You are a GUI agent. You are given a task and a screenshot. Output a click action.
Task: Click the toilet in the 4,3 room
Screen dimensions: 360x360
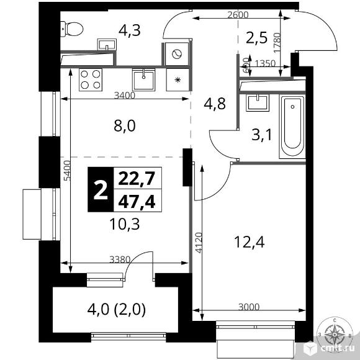(73, 28)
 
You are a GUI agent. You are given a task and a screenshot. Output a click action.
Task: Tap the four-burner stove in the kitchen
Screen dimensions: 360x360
(91, 81)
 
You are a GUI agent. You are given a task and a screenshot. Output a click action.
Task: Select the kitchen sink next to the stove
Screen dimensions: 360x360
(145, 79)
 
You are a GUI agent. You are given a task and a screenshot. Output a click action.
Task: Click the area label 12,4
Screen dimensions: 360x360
(251, 242)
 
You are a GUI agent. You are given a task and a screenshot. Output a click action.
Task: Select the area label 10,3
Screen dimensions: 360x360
(124, 224)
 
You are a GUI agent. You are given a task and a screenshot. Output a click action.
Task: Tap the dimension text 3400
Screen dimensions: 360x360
(125, 96)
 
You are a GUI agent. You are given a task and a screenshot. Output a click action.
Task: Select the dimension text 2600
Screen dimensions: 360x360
(237, 15)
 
